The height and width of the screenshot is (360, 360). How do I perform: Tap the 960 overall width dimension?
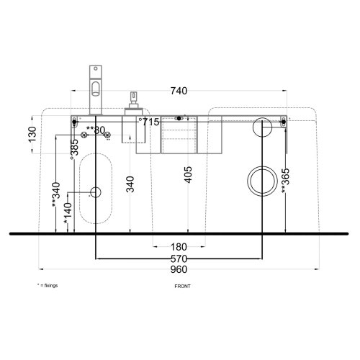point(178,269)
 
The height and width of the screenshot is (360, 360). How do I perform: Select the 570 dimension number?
point(179,258)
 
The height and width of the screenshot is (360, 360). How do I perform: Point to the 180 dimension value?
point(179,247)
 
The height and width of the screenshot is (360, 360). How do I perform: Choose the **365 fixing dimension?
point(285,181)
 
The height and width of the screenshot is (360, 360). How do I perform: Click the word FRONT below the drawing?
point(182,286)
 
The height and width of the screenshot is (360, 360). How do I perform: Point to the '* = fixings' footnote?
point(48,286)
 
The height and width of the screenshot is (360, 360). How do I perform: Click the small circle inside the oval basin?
point(96,192)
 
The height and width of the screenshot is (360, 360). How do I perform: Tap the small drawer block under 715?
point(179,135)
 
